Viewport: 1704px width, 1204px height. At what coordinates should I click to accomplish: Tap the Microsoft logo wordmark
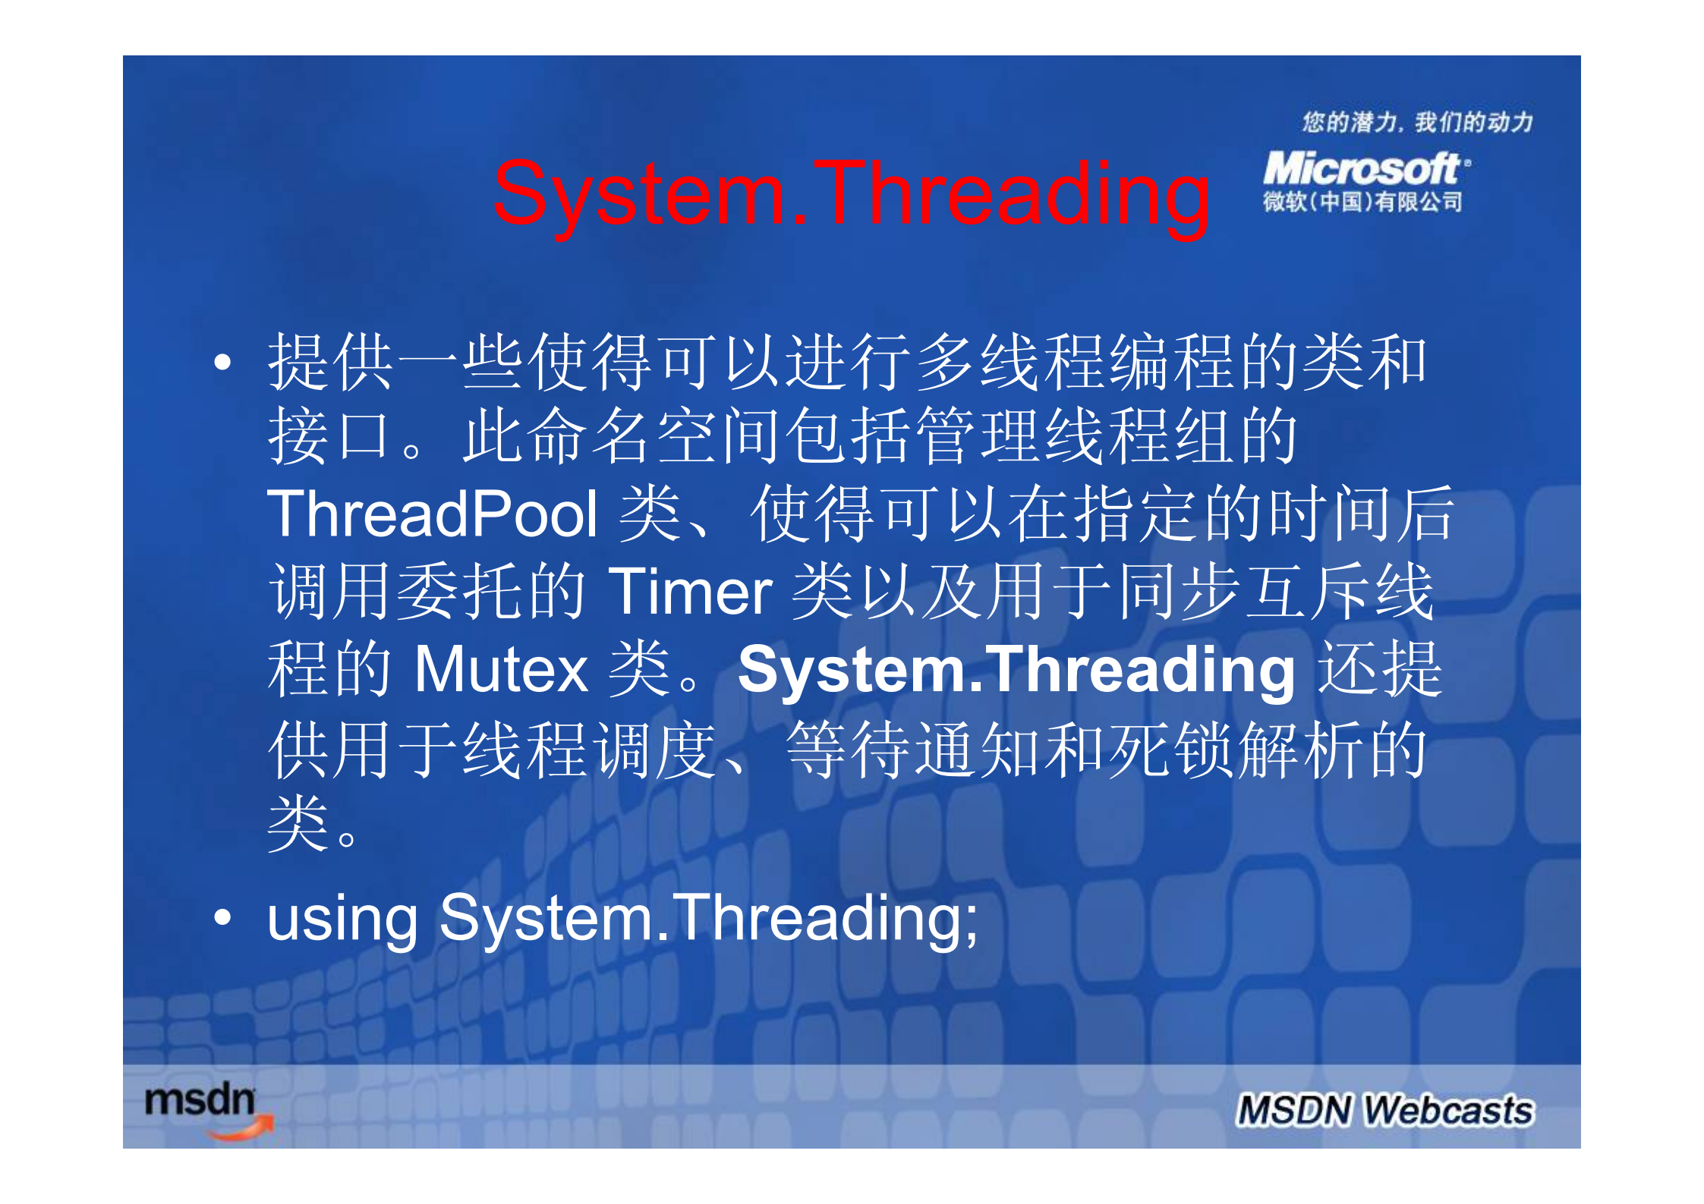tap(1362, 168)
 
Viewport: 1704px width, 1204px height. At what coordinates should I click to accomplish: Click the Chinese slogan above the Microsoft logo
tap(1417, 122)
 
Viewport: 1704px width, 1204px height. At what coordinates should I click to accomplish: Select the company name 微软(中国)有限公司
tap(1362, 202)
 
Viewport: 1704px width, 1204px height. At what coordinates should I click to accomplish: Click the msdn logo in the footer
tap(200, 1101)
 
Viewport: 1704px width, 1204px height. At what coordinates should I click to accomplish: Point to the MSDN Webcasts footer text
tap(1384, 1110)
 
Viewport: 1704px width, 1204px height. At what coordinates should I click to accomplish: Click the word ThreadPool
tap(433, 514)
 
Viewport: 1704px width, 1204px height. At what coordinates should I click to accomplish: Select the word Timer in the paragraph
tap(690, 592)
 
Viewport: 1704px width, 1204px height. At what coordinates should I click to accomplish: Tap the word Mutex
tap(501, 669)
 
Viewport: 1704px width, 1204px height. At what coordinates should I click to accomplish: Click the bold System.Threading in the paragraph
tap(1016, 669)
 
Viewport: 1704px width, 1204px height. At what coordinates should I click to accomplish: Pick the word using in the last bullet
tap(342, 919)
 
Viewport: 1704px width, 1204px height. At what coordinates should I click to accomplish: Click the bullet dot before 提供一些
tap(222, 362)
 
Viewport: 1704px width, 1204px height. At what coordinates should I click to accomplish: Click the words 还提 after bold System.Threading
tap(1379, 669)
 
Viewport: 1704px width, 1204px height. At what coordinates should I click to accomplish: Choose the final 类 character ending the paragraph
tap(298, 824)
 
